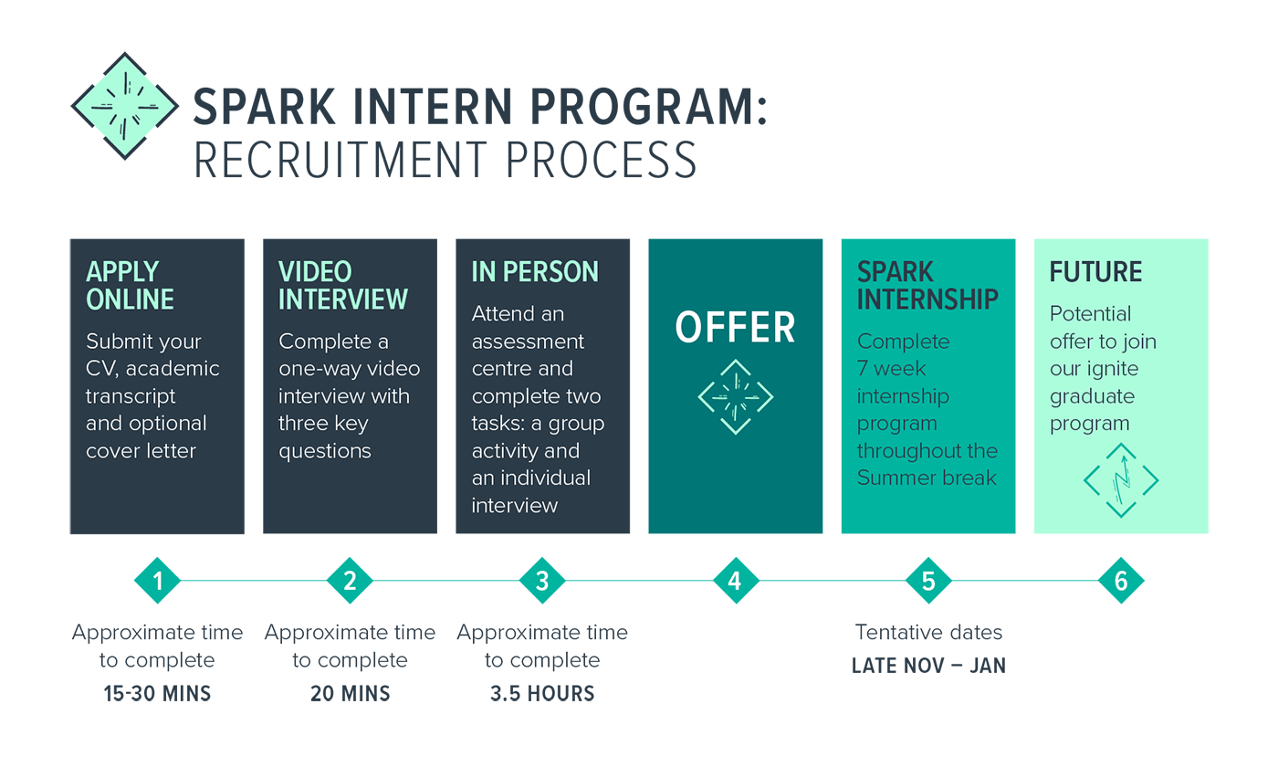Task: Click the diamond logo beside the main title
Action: point(124,106)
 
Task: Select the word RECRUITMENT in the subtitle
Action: point(340,161)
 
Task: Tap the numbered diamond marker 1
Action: point(157,581)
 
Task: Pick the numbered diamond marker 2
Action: point(350,581)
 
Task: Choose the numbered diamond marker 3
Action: point(542,581)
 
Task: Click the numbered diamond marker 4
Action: point(736,581)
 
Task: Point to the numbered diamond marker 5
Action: point(928,581)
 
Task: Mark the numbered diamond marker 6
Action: point(1121,581)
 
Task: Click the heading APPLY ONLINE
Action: point(130,285)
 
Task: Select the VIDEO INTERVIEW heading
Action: point(343,285)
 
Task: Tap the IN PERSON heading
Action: point(535,272)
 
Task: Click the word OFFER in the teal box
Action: point(735,328)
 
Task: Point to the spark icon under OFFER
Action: point(736,397)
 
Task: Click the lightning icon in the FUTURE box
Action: point(1121,480)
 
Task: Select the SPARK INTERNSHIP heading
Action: point(927,285)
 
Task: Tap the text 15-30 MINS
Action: point(157,693)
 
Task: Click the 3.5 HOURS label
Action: point(542,693)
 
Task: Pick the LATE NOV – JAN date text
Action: point(928,666)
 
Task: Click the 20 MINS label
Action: point(350,693)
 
